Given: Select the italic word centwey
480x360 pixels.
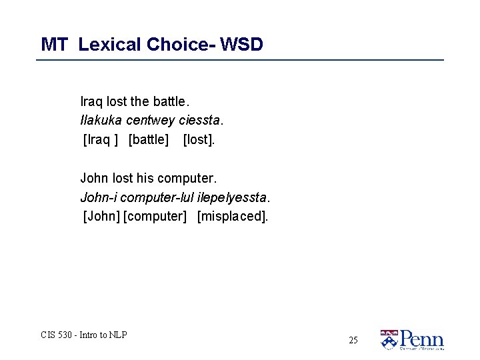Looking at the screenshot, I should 151,121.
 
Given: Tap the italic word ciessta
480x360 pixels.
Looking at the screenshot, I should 201,121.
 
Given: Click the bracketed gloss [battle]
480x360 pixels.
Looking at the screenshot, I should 149,140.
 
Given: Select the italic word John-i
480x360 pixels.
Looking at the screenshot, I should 95,197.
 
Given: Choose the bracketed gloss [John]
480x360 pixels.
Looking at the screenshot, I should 101,217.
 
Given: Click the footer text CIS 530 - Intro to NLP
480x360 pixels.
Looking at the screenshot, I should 84,335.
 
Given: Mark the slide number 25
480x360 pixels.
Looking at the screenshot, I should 353,340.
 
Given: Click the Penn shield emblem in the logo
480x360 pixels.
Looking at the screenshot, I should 389,339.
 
